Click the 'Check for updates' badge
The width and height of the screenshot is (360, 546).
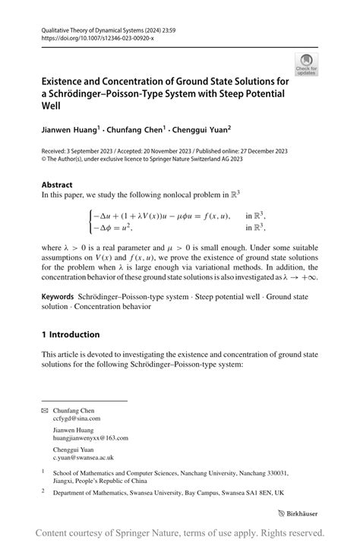pyautogui.click(x=306, y=64)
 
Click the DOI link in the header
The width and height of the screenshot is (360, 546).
pyautogui.click(x=87, y=37)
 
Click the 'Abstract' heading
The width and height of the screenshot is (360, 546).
pyautogui.click(x=57, y=185)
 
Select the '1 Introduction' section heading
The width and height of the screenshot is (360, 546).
pyautogui.click(x=71, y=334)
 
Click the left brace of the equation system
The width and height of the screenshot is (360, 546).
pyautogui.click(x=91, y=221)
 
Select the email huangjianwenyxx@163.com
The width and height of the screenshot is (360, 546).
pyautogui.click(x=90, y=438)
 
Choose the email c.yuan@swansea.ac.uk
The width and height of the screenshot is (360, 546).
pyautogui.click(x=83, y=458)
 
